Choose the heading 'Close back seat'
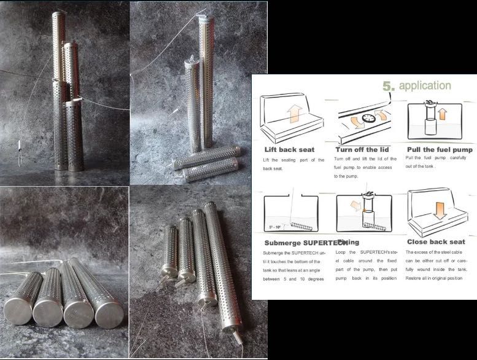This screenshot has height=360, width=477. point(435,242)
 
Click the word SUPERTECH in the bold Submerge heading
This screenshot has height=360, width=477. point(315,242)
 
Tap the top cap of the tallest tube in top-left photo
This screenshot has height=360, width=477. point(58,14)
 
